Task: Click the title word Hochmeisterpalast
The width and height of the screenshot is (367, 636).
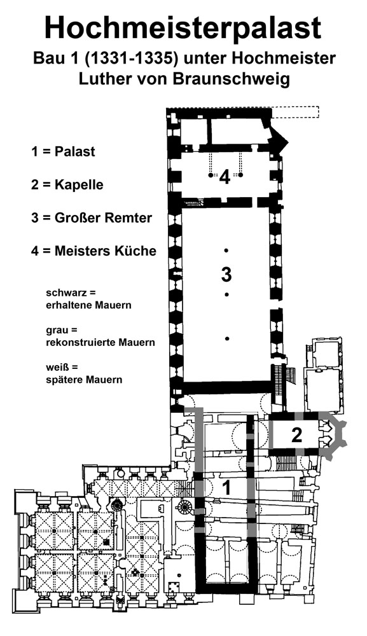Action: [183, 28]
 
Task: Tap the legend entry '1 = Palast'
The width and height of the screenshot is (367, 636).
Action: [63, 151]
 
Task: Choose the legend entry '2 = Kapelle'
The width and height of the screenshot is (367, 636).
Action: [67, 184]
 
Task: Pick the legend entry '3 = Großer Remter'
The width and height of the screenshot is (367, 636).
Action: [91, 218]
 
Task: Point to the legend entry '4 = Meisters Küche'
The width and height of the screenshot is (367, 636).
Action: [93, 251]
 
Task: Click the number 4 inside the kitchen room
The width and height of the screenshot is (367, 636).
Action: [225, 177]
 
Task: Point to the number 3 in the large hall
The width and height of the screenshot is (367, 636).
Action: [226, 275]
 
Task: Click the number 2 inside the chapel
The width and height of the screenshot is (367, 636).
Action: [297, 436]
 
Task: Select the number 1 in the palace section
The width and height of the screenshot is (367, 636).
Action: [226, 488]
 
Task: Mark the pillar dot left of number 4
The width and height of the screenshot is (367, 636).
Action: [211, 176]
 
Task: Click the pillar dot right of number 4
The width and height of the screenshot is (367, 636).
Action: [240, 176]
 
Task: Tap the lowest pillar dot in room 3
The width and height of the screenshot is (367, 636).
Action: [227, 338]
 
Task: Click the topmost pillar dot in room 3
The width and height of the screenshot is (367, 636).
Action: [226, 250]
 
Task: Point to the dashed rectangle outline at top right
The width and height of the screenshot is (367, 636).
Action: [295, 113]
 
